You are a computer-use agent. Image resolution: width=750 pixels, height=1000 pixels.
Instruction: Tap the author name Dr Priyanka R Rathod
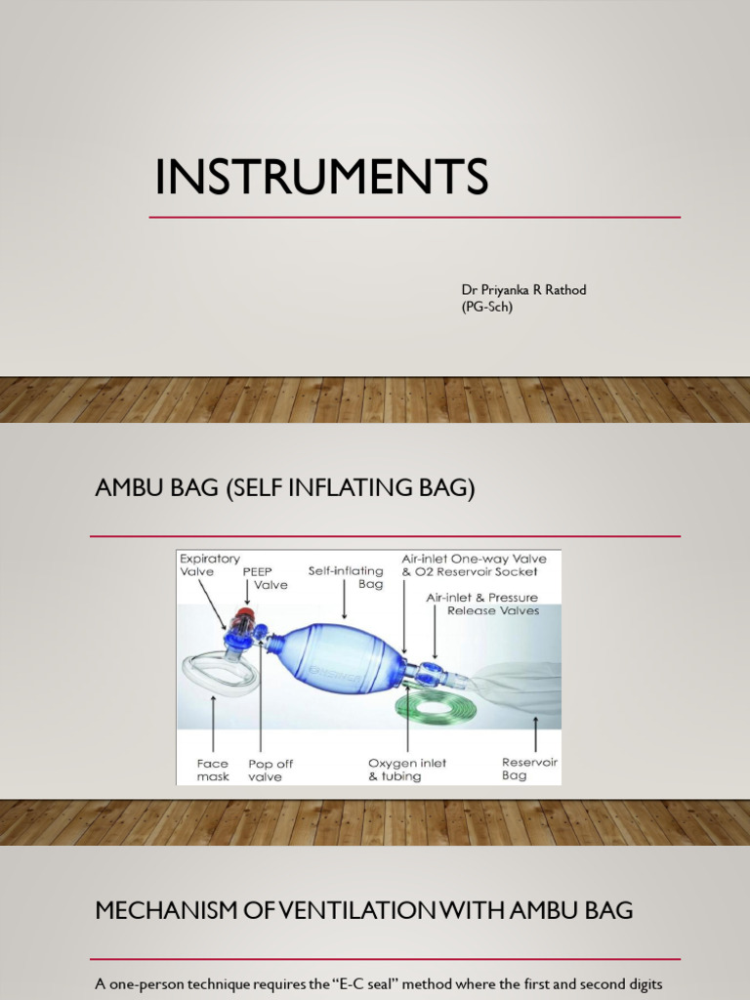pos(523,290)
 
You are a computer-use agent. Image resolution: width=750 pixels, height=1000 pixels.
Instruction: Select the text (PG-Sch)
pos(486,307)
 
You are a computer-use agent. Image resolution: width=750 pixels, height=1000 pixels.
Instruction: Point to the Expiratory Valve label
pos(209,565)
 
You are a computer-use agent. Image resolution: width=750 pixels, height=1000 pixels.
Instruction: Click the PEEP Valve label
pos(265,578)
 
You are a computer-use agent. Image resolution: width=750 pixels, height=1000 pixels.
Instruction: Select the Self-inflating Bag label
pos(346,577)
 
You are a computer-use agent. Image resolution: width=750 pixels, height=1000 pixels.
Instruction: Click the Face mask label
pos(212,770)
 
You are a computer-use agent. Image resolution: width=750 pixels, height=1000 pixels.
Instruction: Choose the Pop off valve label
pos(271,770)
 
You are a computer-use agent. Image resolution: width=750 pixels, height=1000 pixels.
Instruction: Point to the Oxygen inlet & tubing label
pos(407,770)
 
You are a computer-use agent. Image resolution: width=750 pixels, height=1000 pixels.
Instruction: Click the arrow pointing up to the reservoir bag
pos(535,734)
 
